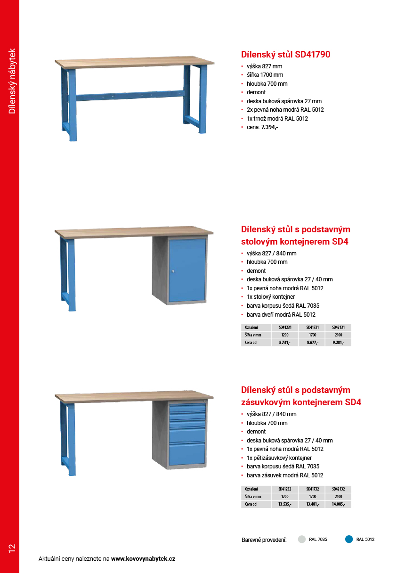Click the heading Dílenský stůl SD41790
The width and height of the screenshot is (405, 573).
(x=285, y=55)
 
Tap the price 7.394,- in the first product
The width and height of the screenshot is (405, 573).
(x=269, y=127)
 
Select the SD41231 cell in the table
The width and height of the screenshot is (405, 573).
(x=285, y=327)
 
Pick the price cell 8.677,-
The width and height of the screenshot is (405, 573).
(x=312, y=343)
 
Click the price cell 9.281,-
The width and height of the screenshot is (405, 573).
(x=338, y=343)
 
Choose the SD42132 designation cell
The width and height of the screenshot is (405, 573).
(x=338, y=489)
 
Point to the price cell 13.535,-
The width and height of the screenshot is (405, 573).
(x=284, y=504)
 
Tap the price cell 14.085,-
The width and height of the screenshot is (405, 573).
(x=338, y=504)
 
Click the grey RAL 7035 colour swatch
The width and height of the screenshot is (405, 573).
(x=302, y=540)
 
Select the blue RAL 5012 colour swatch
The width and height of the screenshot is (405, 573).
(x=349, y=540)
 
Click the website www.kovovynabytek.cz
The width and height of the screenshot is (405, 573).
(x=143, y=559)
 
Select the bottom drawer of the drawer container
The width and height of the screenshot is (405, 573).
(x=187, y=453)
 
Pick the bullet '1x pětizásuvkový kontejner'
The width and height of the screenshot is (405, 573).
(x=279, y=458)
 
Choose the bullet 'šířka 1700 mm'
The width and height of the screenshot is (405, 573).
(x=265, y=75)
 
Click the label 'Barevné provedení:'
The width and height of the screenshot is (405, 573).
(x=264, y=540)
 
